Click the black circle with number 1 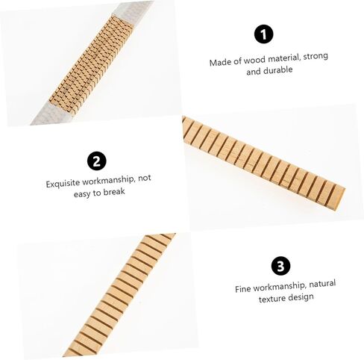click(263, 34)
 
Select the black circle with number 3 click(280, 266)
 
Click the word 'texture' click(273, 298)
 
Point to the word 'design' click(301, 297)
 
